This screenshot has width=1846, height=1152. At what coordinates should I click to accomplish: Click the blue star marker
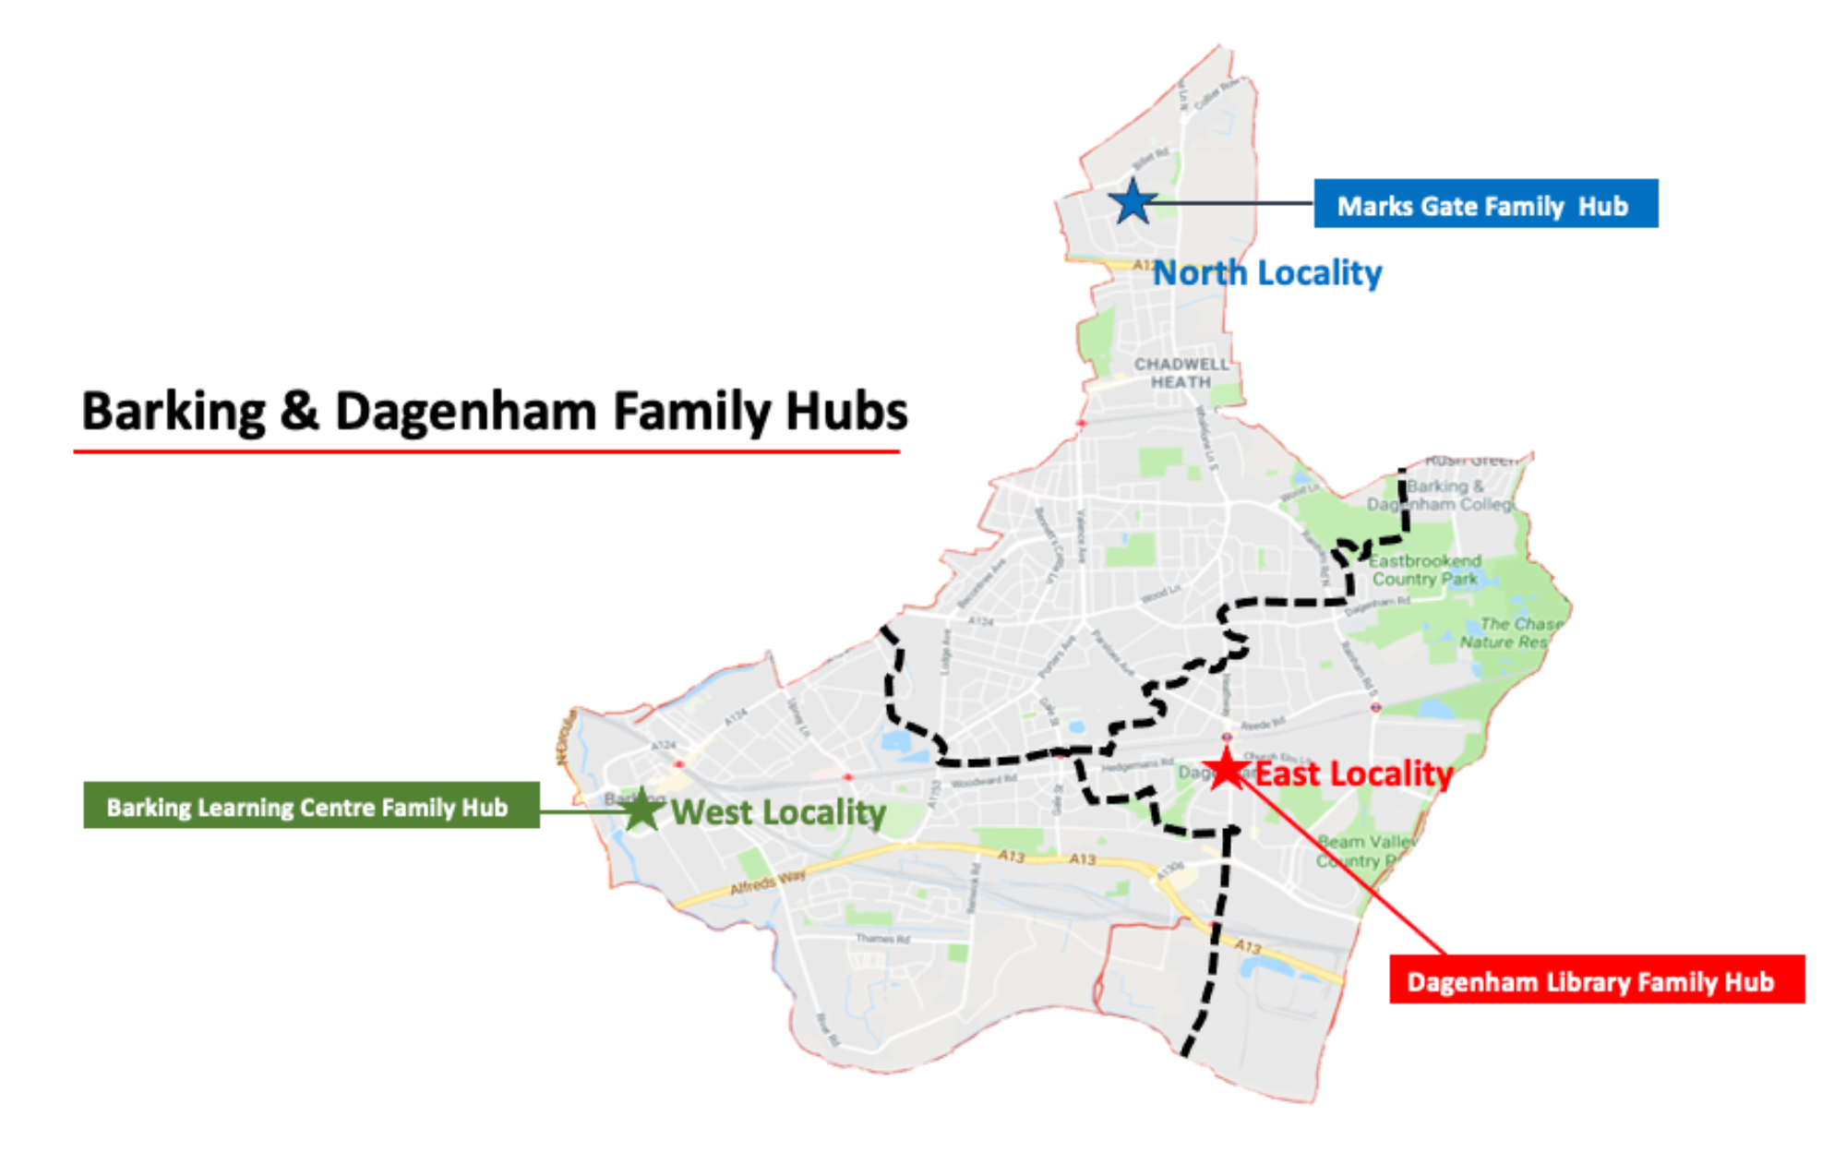point(1133,202)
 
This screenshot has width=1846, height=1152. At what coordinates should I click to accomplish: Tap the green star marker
point(641,811)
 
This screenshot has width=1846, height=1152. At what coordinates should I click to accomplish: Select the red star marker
point(1227,769)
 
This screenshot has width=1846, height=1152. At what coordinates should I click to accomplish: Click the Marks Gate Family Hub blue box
point(1485,204)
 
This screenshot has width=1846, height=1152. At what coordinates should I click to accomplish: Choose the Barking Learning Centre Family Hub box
point(311,806)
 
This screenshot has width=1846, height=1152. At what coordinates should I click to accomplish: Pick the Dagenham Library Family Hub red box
point(1596,979)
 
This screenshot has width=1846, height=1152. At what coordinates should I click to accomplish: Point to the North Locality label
point(1267,273)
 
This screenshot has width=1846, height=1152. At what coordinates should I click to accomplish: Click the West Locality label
point(778,812)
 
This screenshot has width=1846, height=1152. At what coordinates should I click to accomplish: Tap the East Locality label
point(1353,774)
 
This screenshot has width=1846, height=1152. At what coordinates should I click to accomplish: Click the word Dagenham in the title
point(466,411)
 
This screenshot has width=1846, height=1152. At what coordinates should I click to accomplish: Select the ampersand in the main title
point(299,411)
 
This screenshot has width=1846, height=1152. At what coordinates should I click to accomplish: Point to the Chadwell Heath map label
point(1181,373)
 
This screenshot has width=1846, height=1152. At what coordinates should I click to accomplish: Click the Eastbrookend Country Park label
point(1425,570)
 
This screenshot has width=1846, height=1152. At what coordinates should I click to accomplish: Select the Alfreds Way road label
point(767,881)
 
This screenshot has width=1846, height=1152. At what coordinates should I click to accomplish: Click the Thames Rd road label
point(882,939)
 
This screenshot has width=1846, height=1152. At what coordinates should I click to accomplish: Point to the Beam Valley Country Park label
point(1364,851)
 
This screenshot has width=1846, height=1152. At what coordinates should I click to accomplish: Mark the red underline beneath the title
point(486,452)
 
